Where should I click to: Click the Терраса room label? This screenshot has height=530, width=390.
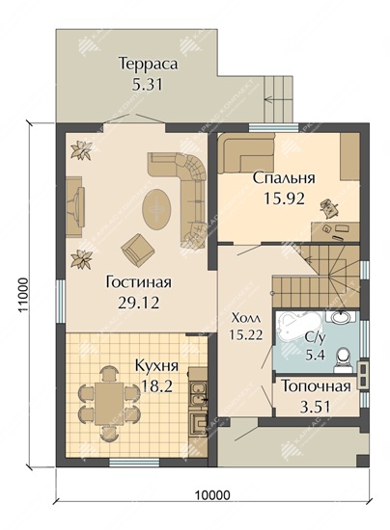[148, 64]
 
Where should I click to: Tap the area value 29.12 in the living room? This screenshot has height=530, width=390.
[138, 303]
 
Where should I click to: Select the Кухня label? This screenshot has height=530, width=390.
[156, 366]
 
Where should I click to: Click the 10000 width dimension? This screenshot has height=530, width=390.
[212, 495]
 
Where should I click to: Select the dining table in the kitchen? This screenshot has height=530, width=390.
[109, 404]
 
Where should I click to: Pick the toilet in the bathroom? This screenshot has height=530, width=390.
[343, 360]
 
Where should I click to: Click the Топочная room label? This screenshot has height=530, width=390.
[315, 386]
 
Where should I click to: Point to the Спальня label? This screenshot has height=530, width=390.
[284, 178]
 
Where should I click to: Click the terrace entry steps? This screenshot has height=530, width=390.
[278, 98]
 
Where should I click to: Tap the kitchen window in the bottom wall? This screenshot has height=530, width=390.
[135, 462]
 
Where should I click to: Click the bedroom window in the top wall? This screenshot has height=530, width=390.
[274, 128]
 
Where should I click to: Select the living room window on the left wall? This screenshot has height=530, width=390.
[60, 302]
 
